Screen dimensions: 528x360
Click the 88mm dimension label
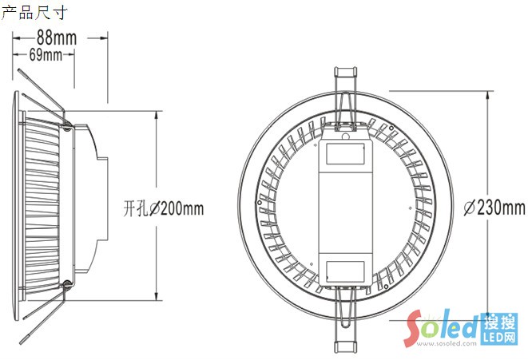tap(57, 38)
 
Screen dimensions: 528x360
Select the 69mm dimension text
tap(46, 54)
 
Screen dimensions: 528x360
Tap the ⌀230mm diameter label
tap(494, 208)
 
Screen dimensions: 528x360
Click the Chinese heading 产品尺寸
tap(34, 13)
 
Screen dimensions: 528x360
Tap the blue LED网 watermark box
tap(499, 329)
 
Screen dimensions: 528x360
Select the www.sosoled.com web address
tap(447, 343)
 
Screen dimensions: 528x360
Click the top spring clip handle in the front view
tap(346, 72)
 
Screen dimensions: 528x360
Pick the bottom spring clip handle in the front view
tap(346, 347)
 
